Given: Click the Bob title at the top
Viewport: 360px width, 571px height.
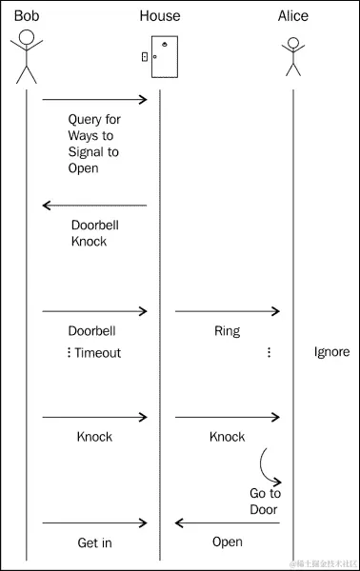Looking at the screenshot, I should [x=27, y=16].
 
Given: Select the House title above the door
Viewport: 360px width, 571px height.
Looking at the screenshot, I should [x=159, y=16].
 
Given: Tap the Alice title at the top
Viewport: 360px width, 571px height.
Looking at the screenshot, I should [x=293, y=16].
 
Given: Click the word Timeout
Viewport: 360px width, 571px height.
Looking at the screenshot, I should [x=98, y=352].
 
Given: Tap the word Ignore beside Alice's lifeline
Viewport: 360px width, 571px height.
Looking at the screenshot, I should [x=331, y=352].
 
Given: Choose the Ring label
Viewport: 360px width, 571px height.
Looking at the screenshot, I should [x=227, y=332].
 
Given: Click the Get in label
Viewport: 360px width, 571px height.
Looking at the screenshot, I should [x=95, y=542].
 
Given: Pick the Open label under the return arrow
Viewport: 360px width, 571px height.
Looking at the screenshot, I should [x=227, y=542].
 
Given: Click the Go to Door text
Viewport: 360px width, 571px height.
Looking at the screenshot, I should [x=265, y=502].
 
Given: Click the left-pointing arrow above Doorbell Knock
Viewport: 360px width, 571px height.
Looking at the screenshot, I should [x=95, y=205].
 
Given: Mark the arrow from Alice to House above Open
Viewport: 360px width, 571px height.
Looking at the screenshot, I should [x=227, y=522].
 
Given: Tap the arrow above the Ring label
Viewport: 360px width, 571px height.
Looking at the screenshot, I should [x=227, y=311].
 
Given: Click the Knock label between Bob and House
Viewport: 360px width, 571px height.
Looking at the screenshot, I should [x=94, y=437].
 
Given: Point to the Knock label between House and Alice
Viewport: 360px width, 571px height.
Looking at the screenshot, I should [x=227, y=437].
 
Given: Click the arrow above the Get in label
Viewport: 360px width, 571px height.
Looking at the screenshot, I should [x=95, y=522].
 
